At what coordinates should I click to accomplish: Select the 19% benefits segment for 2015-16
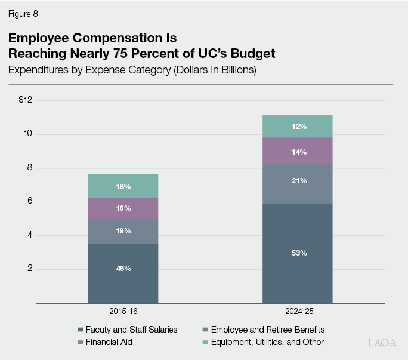123,231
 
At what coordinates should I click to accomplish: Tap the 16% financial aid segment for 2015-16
123,208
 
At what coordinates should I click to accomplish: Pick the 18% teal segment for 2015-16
123,186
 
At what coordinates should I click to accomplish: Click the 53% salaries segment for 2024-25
298,253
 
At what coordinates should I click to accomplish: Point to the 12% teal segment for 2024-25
298,126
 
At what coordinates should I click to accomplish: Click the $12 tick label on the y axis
25,100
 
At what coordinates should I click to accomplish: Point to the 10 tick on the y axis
27,134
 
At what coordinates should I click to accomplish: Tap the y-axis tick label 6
29,202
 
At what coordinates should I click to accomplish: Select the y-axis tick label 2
29,269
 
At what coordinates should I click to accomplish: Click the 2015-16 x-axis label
123,312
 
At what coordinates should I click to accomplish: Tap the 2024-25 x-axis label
298,312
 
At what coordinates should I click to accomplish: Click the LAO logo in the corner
382,343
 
